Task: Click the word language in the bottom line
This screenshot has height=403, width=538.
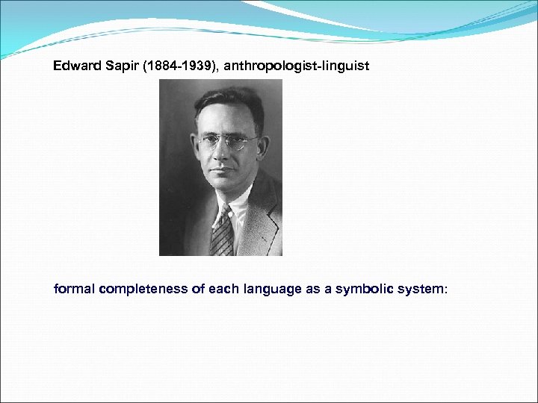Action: click(273, 289)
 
